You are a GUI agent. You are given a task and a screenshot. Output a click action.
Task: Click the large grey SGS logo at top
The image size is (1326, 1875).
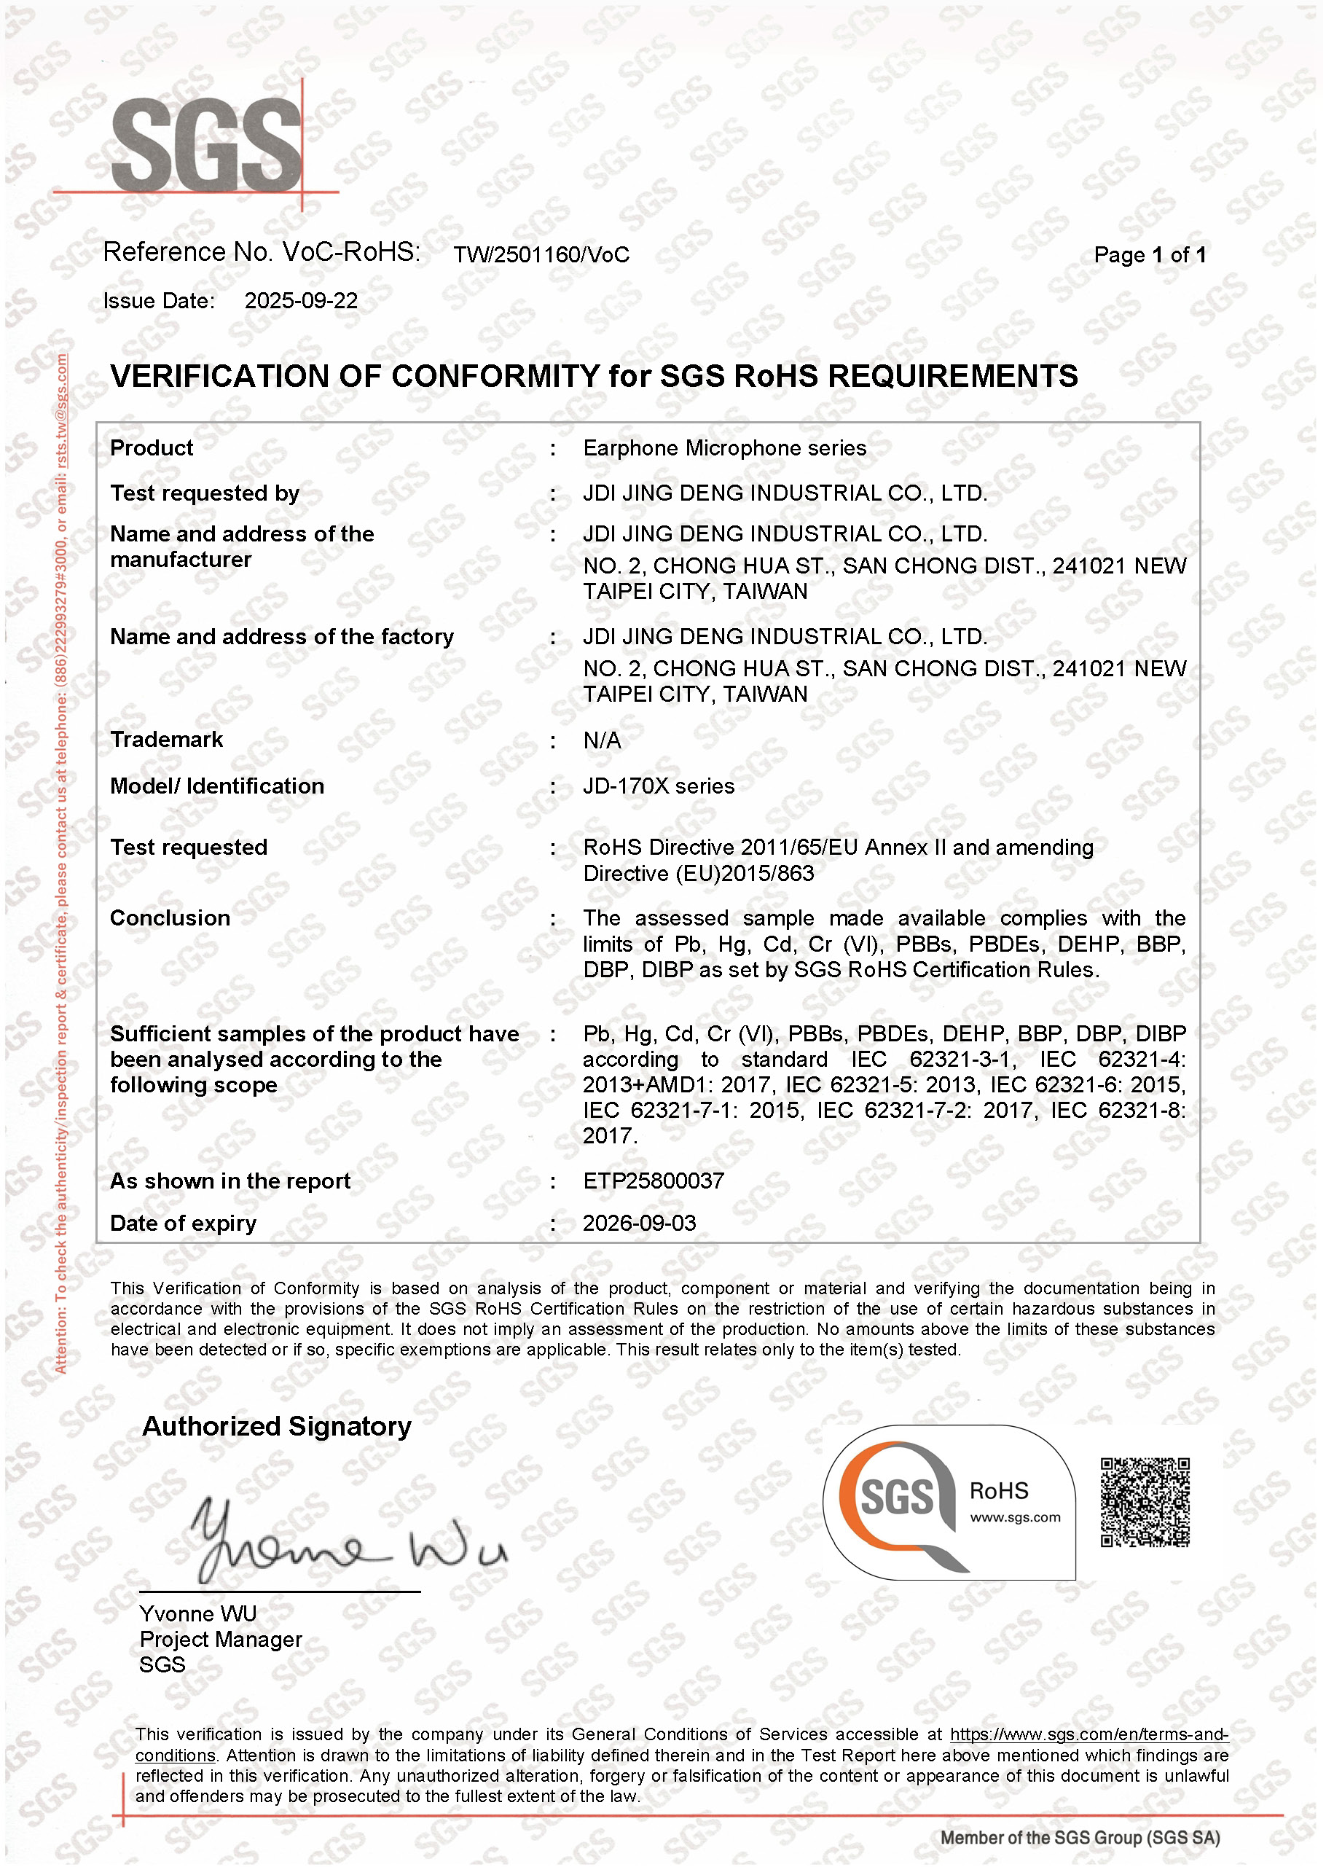tap(207, 145)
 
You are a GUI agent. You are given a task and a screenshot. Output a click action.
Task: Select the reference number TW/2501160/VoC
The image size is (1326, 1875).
tap(541, 255)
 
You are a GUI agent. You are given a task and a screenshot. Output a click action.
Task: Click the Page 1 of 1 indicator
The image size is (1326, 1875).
tap(1149, 255)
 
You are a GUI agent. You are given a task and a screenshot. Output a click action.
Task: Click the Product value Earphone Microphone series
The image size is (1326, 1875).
tap(724, 448)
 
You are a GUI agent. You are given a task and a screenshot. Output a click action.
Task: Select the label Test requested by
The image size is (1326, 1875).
tap(205, 493)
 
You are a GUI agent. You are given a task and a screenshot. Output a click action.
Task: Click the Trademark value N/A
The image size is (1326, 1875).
tap(602, 740)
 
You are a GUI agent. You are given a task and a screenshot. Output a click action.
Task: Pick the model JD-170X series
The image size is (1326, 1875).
tap(658, 786)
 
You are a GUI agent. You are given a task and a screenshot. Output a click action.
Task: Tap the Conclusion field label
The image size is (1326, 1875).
tap(170, 918)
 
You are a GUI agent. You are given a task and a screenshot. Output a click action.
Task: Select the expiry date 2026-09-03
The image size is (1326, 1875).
tap(640, 1224)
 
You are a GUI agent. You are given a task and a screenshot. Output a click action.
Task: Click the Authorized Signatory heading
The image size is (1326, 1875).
tap(277, 1426)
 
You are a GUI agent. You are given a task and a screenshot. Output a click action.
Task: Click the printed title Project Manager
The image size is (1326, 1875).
tap(221, 1639)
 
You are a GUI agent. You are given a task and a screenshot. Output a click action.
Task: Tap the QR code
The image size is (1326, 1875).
tap(1145, 1503)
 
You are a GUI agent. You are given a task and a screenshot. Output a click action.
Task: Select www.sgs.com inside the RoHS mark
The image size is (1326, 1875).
tap(1015, 1517)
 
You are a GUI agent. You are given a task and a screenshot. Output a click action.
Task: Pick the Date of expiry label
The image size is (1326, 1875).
tap(183, 1224)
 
